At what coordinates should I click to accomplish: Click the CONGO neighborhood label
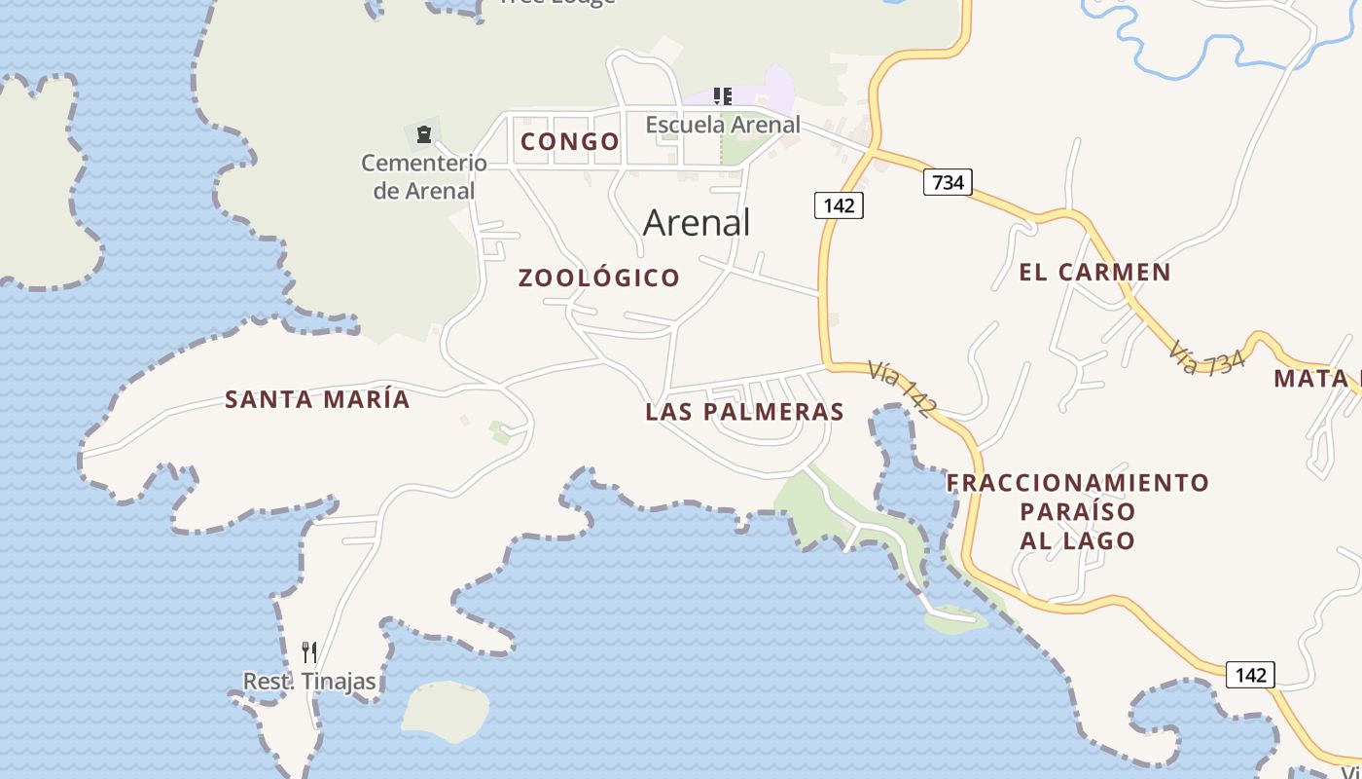570,142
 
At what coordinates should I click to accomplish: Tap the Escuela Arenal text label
723,125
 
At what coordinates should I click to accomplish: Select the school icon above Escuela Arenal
722,96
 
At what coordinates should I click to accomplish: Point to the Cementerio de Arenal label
424,176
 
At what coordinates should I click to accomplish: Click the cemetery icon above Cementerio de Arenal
423,133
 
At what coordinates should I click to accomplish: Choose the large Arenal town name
697,223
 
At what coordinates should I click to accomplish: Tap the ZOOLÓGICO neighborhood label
598,278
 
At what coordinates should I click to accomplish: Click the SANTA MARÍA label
317,399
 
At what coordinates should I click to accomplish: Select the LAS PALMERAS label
744,412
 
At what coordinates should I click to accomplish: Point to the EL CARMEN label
1094,273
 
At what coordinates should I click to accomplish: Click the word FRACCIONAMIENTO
1078,483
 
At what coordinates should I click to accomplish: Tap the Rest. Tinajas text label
309,682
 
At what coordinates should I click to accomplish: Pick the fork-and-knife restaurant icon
309,652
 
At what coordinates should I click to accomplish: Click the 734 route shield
948,182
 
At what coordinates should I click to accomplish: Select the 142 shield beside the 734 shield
839,205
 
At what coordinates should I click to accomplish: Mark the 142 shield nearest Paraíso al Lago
1250,675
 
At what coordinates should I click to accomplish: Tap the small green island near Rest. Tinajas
446,709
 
